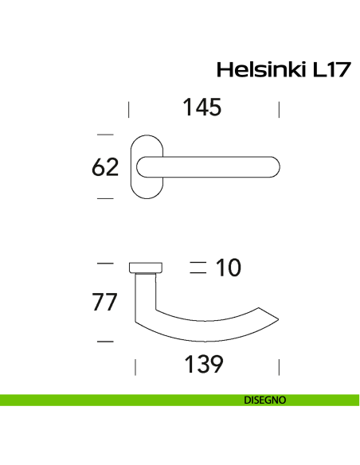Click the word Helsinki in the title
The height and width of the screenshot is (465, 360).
257,70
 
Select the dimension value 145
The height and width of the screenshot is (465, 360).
202,107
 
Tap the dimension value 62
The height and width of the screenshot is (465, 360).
105,167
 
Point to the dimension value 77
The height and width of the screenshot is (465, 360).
105,303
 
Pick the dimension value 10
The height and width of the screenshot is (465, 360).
228,268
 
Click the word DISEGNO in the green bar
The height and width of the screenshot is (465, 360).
265,401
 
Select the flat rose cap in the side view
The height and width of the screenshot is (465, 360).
145,267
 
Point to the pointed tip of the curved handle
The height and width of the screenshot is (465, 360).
278,318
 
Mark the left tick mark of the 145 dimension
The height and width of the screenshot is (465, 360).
130,108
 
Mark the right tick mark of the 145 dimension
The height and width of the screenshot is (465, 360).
279,108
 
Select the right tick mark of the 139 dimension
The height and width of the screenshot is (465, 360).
279,366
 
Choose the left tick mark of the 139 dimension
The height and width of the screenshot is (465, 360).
135,366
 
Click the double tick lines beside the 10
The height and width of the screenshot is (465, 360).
198,268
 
